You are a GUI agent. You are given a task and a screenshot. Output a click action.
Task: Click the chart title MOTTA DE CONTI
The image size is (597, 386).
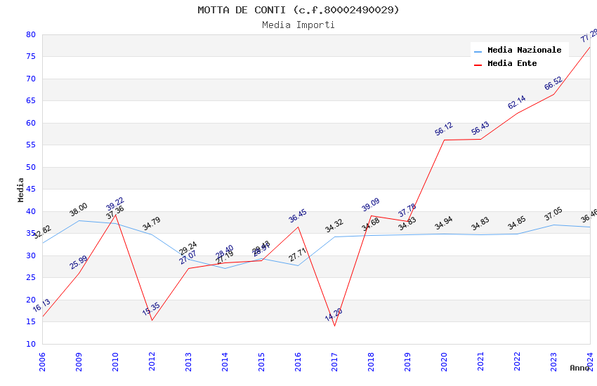click(298, 10)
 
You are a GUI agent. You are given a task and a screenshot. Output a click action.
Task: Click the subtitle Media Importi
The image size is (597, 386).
click(298, 25)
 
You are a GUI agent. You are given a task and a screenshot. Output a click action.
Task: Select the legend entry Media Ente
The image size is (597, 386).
click(512, 64)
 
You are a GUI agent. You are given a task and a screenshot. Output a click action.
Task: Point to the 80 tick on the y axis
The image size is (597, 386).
click(30, 34)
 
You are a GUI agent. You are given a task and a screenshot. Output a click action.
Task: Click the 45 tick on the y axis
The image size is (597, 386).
click(30, 189)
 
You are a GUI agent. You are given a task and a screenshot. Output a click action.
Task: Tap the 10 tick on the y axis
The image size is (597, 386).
click(30, 344)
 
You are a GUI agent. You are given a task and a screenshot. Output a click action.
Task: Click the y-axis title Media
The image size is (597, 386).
click(20, 189)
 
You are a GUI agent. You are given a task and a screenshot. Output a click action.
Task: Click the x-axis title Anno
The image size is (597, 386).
click(579, 368)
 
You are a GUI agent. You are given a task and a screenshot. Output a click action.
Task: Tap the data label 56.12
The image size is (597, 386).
click(444, 129)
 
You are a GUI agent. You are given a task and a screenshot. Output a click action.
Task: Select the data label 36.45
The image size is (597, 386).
click(298, 216)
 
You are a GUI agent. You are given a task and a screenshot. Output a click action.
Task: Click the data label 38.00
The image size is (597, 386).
click(79, 209)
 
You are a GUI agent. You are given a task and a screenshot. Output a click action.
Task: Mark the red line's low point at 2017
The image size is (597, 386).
click(334, 326)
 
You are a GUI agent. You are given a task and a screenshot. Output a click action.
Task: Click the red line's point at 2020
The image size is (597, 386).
click(445, 140)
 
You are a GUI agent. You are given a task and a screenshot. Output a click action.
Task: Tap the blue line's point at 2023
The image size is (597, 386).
click(553, 225)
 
